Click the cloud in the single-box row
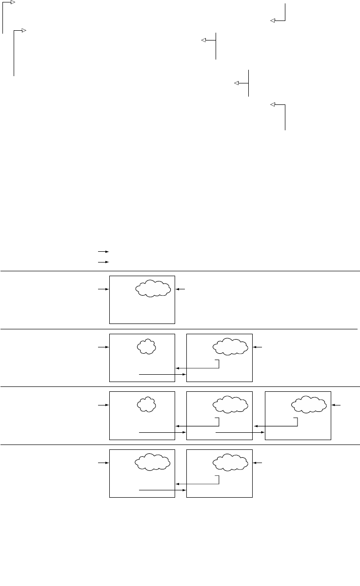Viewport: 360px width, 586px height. tap(154, 288)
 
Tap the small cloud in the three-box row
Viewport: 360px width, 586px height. tap(146, 404)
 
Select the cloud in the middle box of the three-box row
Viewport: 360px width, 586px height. tap(231, 404)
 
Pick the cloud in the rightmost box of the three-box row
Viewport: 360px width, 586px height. tap(309, 404)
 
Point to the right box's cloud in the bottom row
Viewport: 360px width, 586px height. tap(231, 462)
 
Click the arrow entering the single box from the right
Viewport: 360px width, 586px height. tap(181, 289)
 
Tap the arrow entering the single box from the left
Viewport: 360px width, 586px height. tap(103, 289)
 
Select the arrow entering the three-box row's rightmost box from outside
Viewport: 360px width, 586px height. tap(337, 405)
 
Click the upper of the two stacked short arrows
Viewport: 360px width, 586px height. tap(102, 252)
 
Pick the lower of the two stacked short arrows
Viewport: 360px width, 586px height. tap(102, 262)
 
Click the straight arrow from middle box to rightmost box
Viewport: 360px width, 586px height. tap(240, 432)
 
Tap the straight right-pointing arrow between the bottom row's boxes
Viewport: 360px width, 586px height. tap(162, 490)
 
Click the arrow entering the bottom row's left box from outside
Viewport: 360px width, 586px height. tap(103, 462)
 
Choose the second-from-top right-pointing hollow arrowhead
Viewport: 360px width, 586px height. tap(25, 31)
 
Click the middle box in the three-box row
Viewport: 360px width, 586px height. tap(220, 415)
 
